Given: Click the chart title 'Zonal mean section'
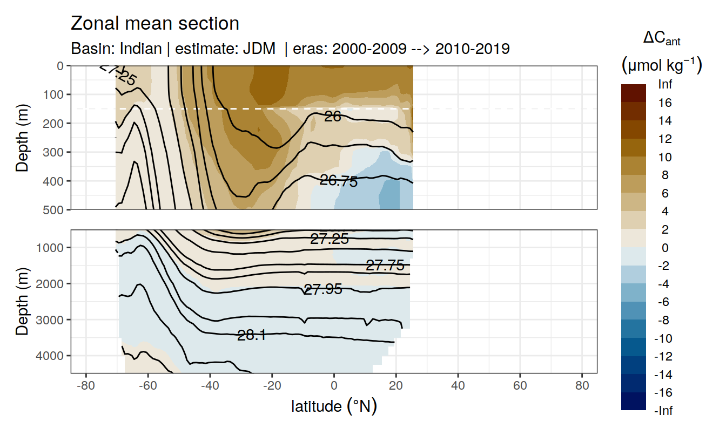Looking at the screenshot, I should pos(155,24).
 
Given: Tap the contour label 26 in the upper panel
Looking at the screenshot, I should pos(333,116).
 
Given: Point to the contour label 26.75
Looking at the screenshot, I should pos(339,181).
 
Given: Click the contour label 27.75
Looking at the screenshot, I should pos(385,265).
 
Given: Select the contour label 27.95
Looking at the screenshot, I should pos(323,289).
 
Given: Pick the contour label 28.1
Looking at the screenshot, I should pos(251,336).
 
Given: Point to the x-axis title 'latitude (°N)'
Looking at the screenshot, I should pos(334,406).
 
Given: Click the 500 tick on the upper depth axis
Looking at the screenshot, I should pos(55,209).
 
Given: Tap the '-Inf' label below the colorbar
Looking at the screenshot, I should pos(664,411).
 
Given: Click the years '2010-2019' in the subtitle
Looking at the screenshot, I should pos(472,49).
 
